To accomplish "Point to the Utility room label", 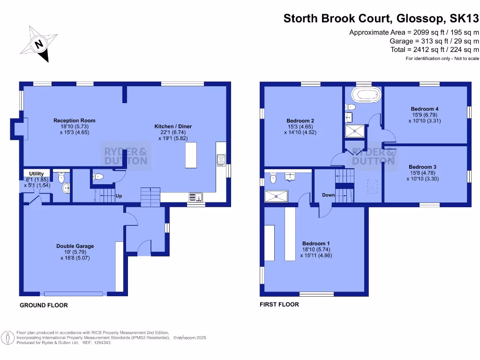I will click(x=37, y=174).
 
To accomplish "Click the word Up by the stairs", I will click(x=119, y=196).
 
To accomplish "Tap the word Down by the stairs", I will click(x=328, y=195).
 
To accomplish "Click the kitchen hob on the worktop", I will click(x=221, y=160).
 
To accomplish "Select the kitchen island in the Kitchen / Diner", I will click(x=191, y=155).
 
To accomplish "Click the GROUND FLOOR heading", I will click(x=44, y=305).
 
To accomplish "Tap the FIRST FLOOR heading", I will click(x=279, y=304).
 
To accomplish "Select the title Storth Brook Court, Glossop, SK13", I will click(x=381, y=19).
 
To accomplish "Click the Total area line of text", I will click(x=435, y=49).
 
